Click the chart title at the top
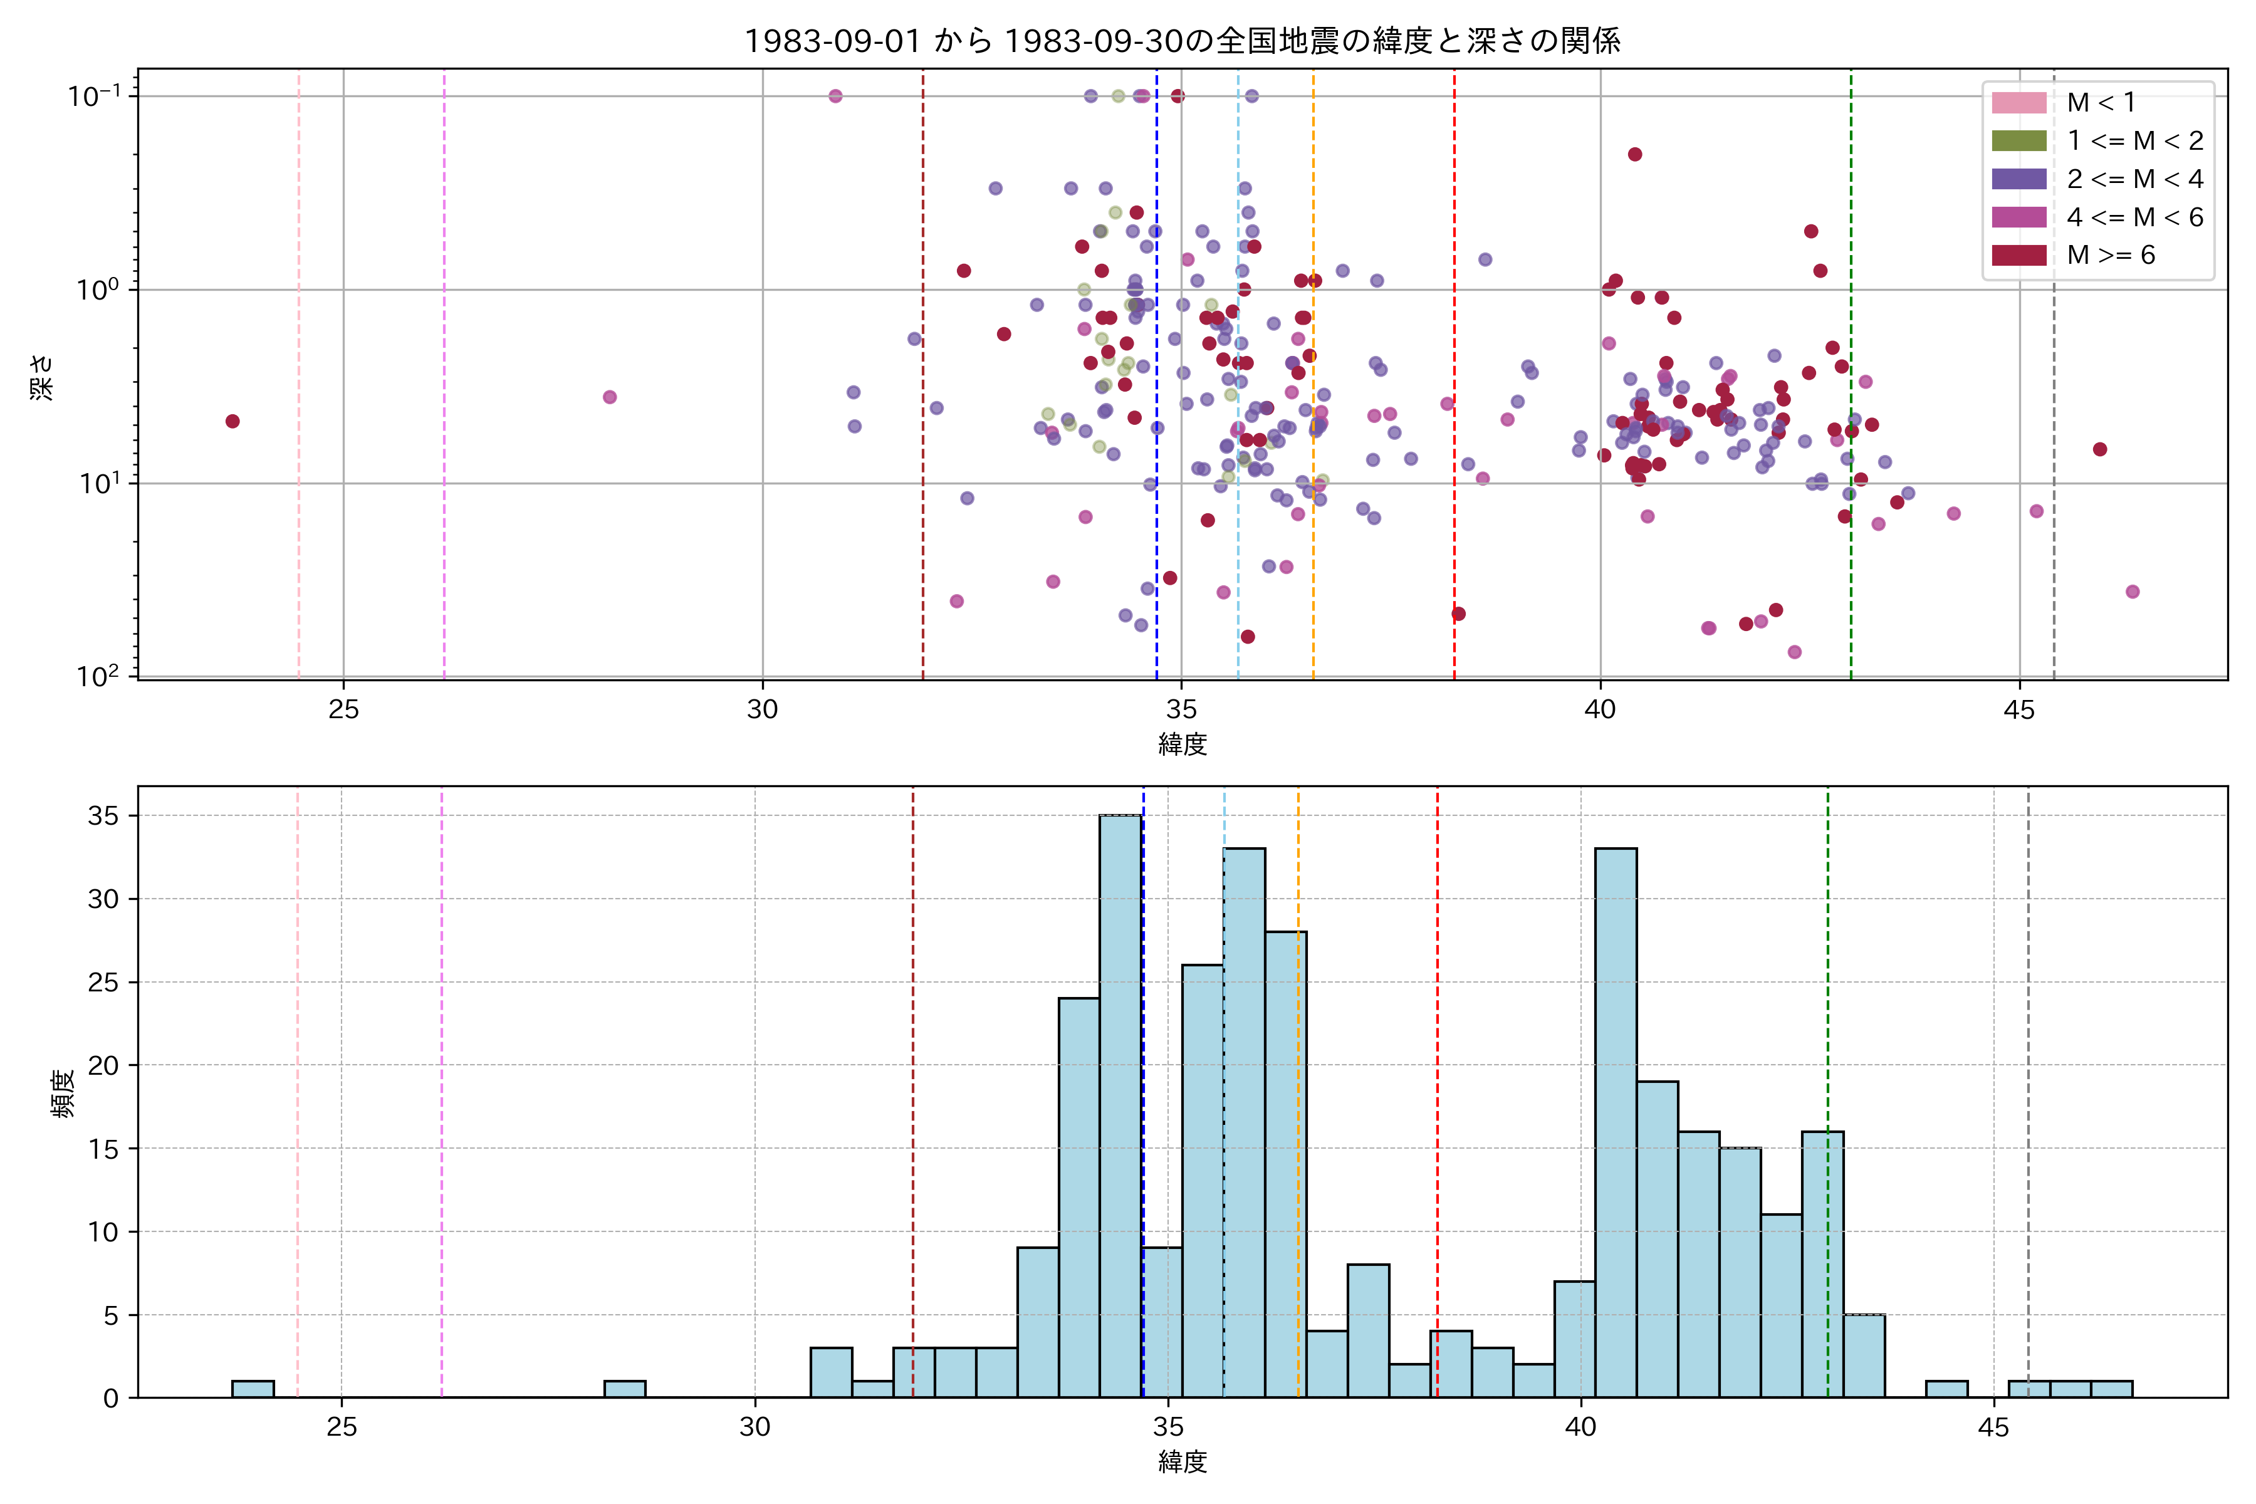tap(1182, 40)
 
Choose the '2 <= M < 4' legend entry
tap(2100, 179)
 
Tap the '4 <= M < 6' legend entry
tap(2100, 217)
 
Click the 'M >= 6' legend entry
tap(2100, 255)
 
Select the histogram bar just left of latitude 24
tap(253, 1389)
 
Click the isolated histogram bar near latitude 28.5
tap(624, 1389)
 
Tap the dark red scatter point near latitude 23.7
tap(232, 421)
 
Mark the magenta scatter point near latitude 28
tap(609, 397)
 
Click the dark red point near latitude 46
tap(2100, 449)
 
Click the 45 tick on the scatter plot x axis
tap(2019, 711)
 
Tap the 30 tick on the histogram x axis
tap(755, 1428)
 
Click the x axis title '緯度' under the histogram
tap(1182, 1462)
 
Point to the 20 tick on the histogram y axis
tap(103, 1066)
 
